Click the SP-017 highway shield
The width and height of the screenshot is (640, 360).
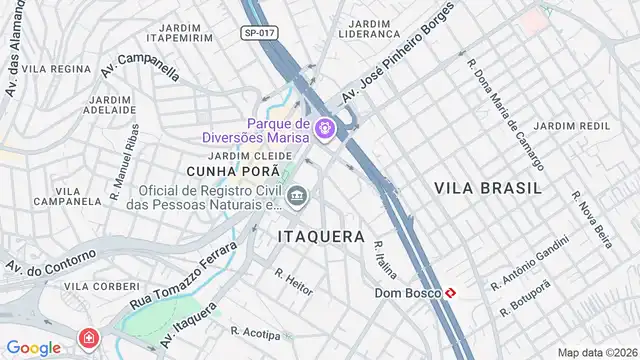point(259,33)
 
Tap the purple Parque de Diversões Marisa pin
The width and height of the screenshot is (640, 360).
point(324,130)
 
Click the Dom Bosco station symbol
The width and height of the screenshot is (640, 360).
point(453,293)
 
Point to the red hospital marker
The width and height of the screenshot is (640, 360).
point(91,337)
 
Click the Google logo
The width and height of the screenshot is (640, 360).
point(33,348)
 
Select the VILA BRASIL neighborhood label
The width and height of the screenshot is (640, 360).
point(488,187)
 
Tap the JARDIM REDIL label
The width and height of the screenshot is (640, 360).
point(571,125)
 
